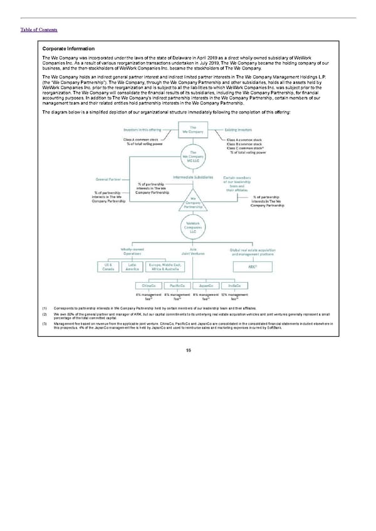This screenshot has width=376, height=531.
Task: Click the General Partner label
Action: click(108, 179)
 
